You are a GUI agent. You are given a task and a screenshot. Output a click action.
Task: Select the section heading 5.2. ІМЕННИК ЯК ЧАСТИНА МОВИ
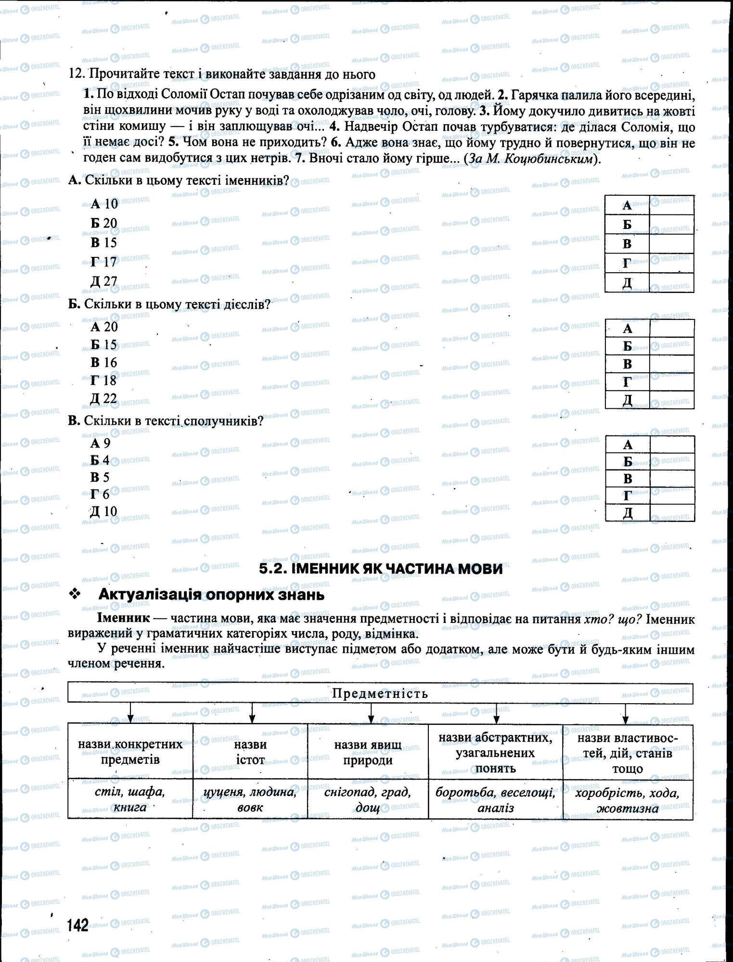[x=381, y=569]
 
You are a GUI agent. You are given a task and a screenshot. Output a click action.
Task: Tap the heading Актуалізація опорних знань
[x=211, y=595]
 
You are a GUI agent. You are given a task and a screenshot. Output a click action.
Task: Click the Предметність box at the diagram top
[x=380, y=693]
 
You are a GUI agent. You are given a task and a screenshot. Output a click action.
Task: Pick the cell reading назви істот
[x=250, y=752]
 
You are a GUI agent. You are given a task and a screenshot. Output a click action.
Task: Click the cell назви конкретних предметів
[x=130, y=752]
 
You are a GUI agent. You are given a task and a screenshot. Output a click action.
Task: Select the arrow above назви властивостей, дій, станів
[x=625, y=713]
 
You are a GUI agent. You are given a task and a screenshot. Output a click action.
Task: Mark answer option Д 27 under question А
[x=104, y=281]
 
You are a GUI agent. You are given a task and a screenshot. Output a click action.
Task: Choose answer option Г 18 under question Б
[x=104, y=380]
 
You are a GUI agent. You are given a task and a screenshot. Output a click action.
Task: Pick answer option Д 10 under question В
[x=104, y=511]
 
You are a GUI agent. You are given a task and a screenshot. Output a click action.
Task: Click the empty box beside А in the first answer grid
[x=671, y=205]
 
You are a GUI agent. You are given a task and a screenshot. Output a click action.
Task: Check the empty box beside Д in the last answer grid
[x=672, y=513]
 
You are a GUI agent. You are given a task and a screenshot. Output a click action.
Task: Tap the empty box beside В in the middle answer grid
[x=672, y=364]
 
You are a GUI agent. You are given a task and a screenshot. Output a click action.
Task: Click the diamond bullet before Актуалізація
[x=74, y=595]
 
